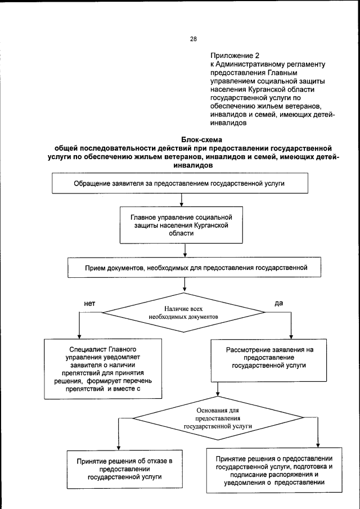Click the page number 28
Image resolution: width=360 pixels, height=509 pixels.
(193, 39)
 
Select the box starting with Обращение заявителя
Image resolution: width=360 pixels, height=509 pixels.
(180, 184)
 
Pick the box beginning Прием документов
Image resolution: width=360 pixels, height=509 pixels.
(195, 268)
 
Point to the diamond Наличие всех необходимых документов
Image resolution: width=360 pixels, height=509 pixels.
(183, 313)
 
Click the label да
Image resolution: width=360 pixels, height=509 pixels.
(278, 303)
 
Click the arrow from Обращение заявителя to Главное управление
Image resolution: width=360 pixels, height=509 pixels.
(181, 201)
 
